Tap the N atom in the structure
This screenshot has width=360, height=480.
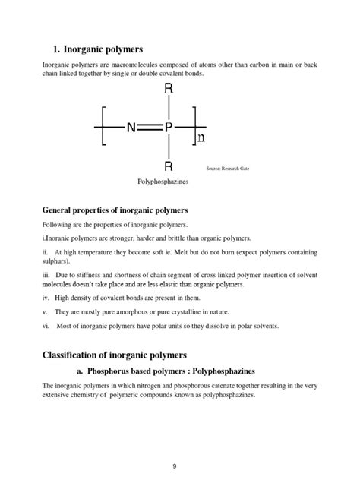tap(131, 128)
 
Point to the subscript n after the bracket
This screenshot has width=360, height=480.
tap(201, 137)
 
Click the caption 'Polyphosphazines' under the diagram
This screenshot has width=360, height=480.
tap(163, 182)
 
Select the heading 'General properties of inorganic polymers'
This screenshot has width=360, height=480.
tap(115, 210)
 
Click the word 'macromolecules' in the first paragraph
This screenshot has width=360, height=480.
tap(129, 65)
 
